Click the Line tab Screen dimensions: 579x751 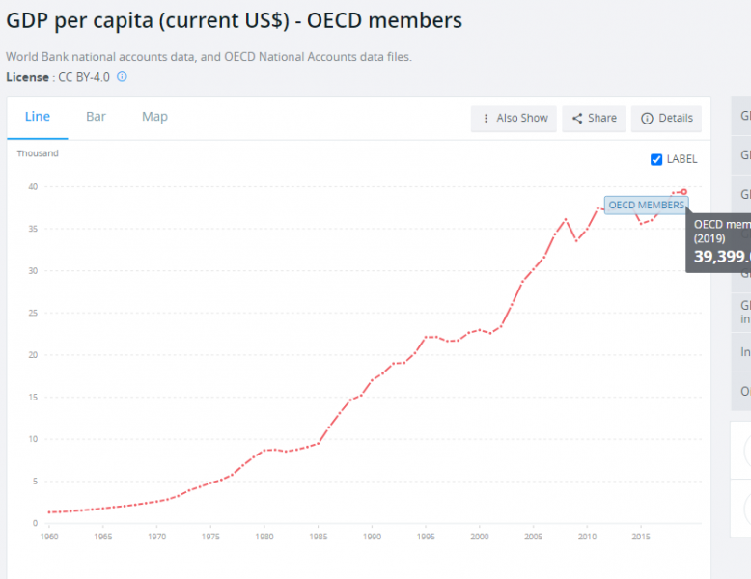(x=38, y=117)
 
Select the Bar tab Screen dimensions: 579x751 (x=96, y=117)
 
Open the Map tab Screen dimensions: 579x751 (x=154, y=117)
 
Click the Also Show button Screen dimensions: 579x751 (x=514, y=118)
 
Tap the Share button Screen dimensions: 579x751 (x=594, y=118)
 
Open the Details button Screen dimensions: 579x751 (x=666, y=118)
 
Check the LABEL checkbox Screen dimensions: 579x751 (x=656, y=159)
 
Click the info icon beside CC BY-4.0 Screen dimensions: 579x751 (x=123, y=77)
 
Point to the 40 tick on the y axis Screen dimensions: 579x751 (x=33, y=187)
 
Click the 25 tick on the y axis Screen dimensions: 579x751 (x=33, y=313)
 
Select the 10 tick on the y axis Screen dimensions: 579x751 (x=33, y=439)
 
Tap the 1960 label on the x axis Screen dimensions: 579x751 (x=48, y=537)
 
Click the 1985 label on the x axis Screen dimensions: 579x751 (x=318, y=537)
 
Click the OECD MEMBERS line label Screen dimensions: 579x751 (x=646, y=205)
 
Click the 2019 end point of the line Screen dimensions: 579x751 (x=683, y=191)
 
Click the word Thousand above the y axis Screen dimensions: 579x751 (x=38, y=153)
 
